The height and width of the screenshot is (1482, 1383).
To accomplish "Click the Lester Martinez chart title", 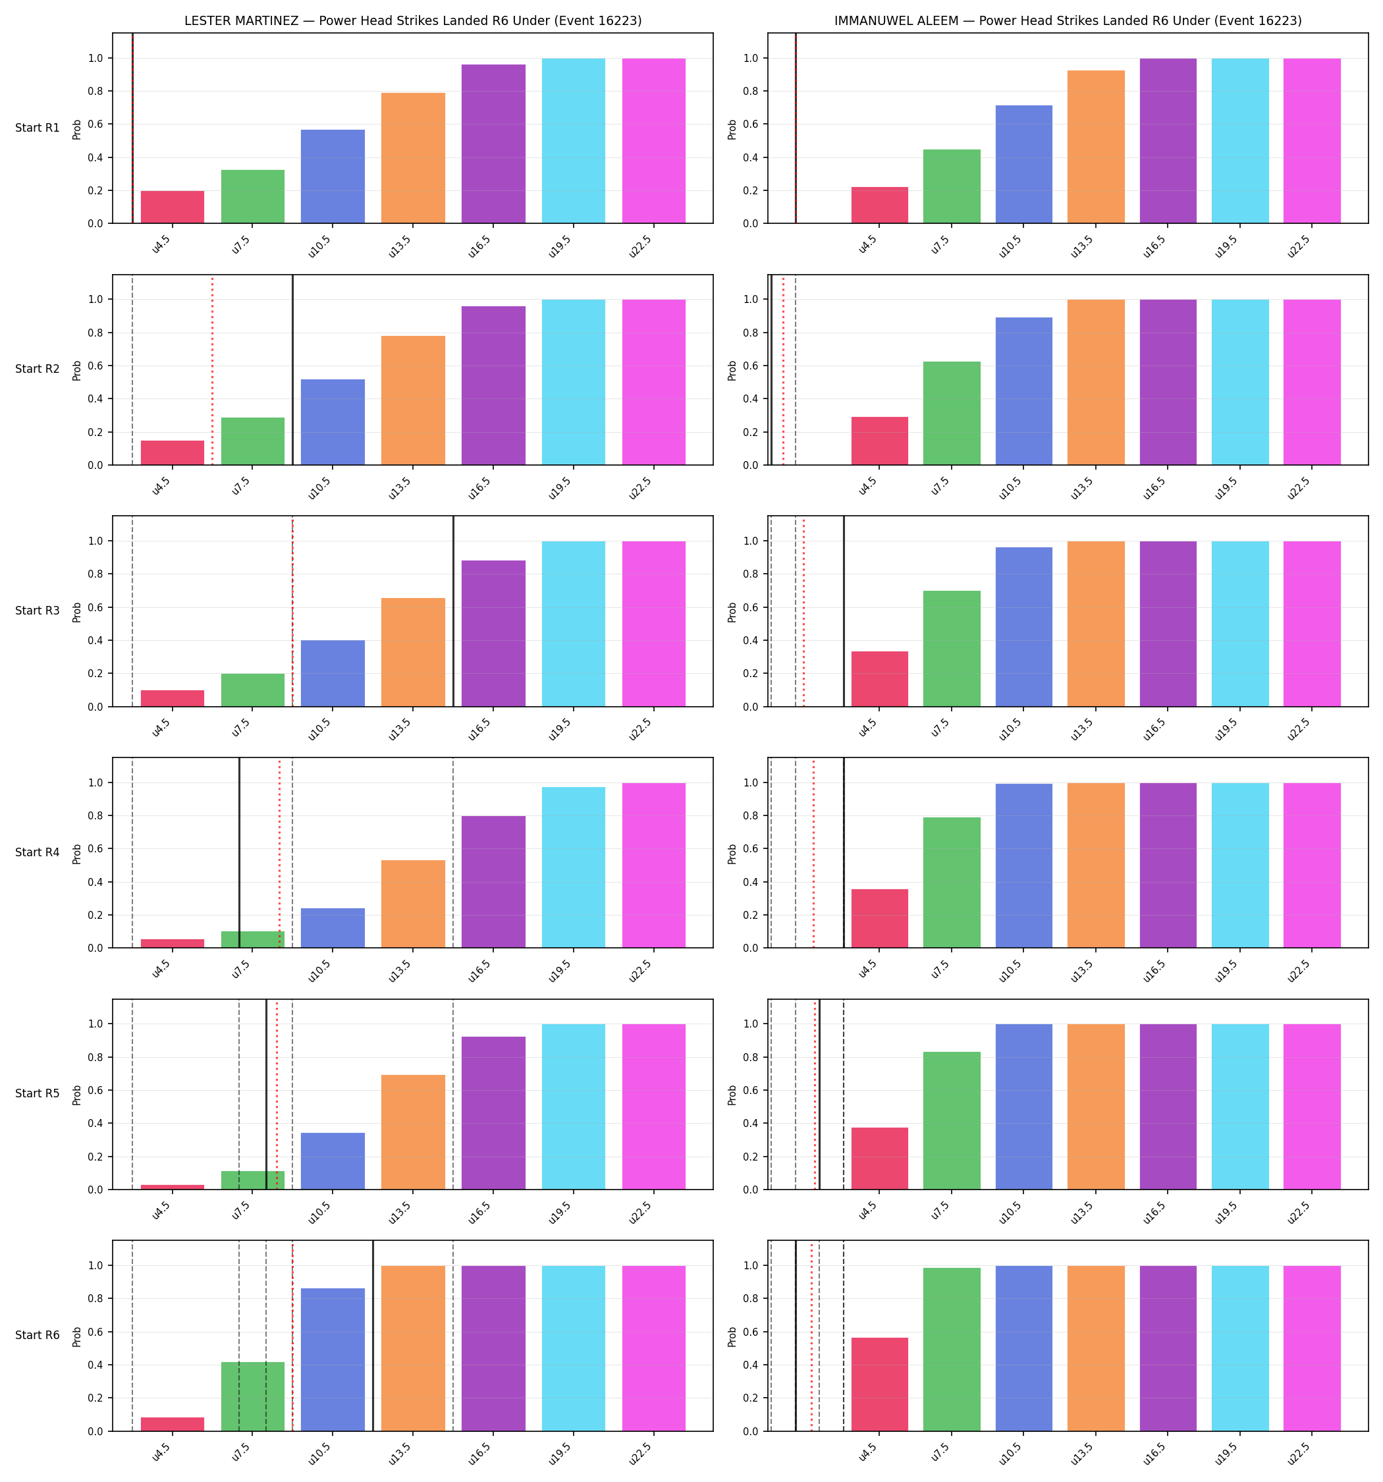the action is pyautogui.click(x=412, y=21).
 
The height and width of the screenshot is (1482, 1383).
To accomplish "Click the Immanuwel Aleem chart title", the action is pyautogui.click(x=1068, y=21).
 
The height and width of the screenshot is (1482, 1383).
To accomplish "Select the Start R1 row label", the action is pyautogui.click(x=38, y=128).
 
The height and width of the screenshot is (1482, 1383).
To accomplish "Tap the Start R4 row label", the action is pyautogui.click(x=38, y=852).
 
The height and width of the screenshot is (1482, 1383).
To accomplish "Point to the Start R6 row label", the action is pyautogui.click(x=38, y=1335).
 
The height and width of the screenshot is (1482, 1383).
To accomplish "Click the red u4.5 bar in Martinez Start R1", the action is pyautogui.click(x=173, y=207).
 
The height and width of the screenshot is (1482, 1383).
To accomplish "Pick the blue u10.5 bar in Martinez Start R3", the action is pyautogui.click(x=333, y=673).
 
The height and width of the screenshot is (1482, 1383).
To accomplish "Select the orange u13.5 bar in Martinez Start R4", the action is pyautogui.click(x=413, y=904).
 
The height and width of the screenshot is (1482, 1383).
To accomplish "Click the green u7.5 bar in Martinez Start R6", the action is pyautogui.click(x=253, y=1396).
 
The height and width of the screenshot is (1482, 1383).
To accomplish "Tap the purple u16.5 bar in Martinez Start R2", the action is pyautogui.click(x=493, y=385).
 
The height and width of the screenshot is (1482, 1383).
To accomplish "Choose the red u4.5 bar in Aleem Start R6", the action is pyautogui.click(x=880, y=1385).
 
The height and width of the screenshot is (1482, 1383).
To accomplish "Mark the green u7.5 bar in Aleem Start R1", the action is pyautogui.click(x=952, y=186).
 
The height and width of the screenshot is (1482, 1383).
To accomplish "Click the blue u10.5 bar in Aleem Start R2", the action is pyautogui.click(x=1023, y=391).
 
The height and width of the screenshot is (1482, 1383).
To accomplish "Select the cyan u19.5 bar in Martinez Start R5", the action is pyautogui.click(x=574, y=1107).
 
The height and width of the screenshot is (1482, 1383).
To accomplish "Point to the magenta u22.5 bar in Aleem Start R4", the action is pyautogui.click(x=1311, y=865).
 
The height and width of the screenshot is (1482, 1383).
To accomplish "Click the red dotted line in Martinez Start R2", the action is pyautogui.click(x=213, y=370).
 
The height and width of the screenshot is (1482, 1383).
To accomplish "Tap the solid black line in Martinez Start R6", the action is pyautogui.click(x=373, y=1336).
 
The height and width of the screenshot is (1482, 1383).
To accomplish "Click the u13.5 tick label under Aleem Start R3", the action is pyautogui.click(x=1085, y=725).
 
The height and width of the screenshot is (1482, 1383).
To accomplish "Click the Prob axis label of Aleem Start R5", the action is pyautogui.click(x=732, y=1094).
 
